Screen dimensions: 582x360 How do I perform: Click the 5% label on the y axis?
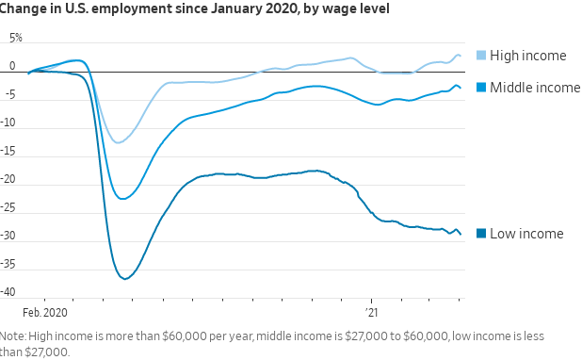coord(16,38)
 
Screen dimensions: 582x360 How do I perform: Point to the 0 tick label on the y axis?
coord(12,66)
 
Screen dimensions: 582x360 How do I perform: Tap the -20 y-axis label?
coord(8,179)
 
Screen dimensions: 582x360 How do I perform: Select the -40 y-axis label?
coord(8,292)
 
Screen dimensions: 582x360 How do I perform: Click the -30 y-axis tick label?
coord(8,236)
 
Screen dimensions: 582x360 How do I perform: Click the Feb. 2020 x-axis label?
coord(45,313)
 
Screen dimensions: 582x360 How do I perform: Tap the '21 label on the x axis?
coord(371,313)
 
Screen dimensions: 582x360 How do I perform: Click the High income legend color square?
coord(481,56)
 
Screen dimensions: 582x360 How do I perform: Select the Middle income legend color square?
coord(481,88)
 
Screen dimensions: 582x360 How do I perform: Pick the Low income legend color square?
coord(481,234)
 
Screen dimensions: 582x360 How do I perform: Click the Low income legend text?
coord(526,234)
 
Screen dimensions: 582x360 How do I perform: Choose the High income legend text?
coord(528,56)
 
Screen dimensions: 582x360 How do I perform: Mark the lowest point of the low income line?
coord(125,279)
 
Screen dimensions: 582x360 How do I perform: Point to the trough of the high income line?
coord(118,142)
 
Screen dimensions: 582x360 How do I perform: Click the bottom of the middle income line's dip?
coord(122,199)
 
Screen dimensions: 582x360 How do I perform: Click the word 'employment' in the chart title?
coord(132,8)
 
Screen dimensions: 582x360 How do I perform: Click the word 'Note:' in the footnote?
coord(13,335)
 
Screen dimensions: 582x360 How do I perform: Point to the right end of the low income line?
coord(461,234)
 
